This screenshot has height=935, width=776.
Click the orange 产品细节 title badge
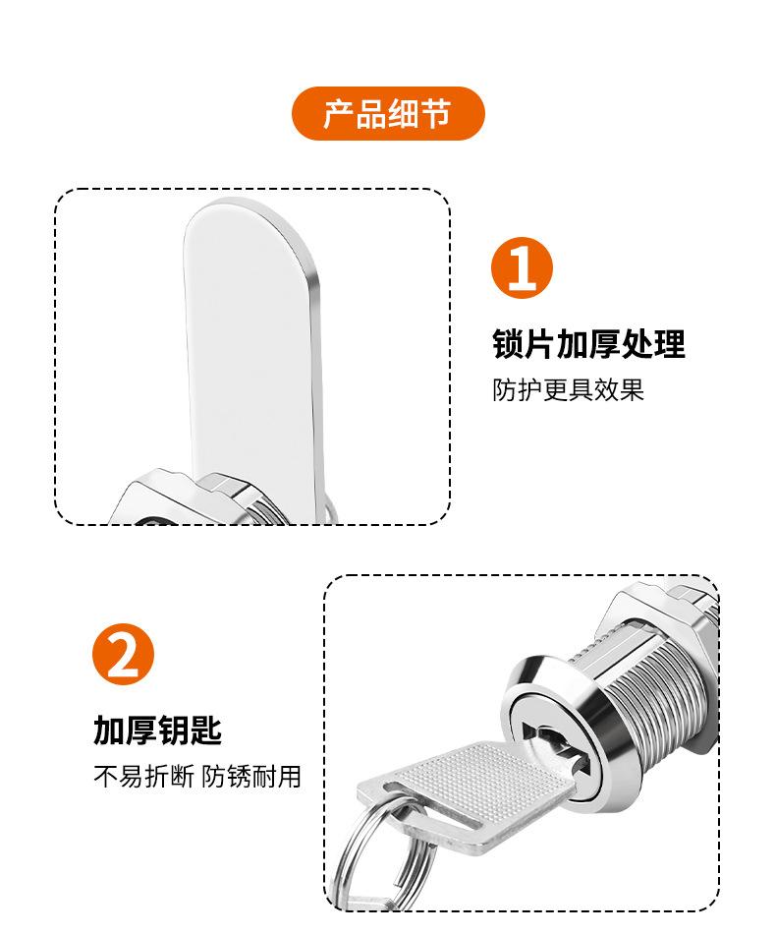pos(388,113)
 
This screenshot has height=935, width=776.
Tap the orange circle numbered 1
pos(522,267)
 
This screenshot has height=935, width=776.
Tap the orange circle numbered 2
pos(124,654)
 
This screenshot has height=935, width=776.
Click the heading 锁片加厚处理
pos(589,344)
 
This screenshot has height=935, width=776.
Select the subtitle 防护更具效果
pos(568,390)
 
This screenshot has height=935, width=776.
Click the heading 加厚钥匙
pos(158,730)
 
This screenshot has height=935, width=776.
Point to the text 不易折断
pos(143,777)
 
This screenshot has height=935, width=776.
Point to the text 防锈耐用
pos(251,777)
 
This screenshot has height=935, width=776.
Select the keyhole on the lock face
pos(557,745)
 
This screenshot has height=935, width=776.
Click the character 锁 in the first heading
pos(508,344)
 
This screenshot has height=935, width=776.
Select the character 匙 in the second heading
pos(206,730)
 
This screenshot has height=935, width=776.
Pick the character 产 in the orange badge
pos(339,113)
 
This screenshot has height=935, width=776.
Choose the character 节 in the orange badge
pos(436,113)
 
